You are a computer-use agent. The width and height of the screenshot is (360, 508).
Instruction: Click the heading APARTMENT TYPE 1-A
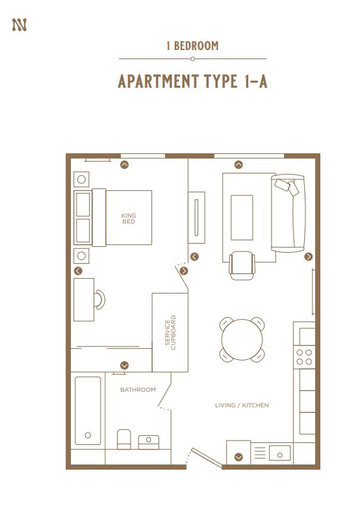pyautogui.click(x=192, y=82)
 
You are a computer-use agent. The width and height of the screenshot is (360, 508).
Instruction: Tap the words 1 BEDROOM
pyautogui.click(x=192, y=46)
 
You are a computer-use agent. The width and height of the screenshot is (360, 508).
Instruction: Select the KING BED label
pyautogui.click(x=129, y=218)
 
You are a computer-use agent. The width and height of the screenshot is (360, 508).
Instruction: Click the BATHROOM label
pyautogui.click(x=138, y=390)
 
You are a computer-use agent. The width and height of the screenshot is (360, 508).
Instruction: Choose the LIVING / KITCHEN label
pyautogui.click(x=242, y=405)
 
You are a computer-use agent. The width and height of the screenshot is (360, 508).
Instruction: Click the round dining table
pyautogui.click(x=242, y=339)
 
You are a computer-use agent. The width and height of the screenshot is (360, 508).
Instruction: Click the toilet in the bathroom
pyautogui.click(x=124, y=440)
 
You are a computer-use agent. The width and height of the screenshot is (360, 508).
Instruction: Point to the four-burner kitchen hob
pyautogui.click(x=304, y=357)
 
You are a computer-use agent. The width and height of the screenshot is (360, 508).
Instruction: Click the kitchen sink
pyautogui.click(x=281, y=451)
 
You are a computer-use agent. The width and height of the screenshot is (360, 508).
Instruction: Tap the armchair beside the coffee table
pyautogui.click(x=242, y=265)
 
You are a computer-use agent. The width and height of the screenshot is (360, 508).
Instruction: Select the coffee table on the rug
pyautogui.click(x=241, y=218)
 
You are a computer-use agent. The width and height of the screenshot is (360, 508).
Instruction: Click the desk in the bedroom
pyautogui.click(x=84, y=299)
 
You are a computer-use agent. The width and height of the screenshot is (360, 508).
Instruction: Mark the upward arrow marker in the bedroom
pyautogui.click(x=125, y=165)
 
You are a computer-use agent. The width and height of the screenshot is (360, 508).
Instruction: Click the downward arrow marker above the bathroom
pyautogui.click(x=125, y=365)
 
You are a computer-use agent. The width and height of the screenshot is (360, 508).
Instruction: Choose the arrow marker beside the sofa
pyautogui.click(x=309, y=257)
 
